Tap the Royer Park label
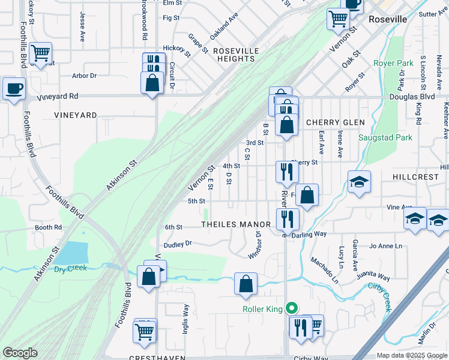pos(394,62)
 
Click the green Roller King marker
pos(292,309)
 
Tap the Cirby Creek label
pos(379,295)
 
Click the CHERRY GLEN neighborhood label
pos(335,122)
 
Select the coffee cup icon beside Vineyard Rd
pos(14,88)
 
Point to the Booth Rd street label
pos(48,227)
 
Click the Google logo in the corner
pos(20,353)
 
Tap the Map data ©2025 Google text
pos(411,355)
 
